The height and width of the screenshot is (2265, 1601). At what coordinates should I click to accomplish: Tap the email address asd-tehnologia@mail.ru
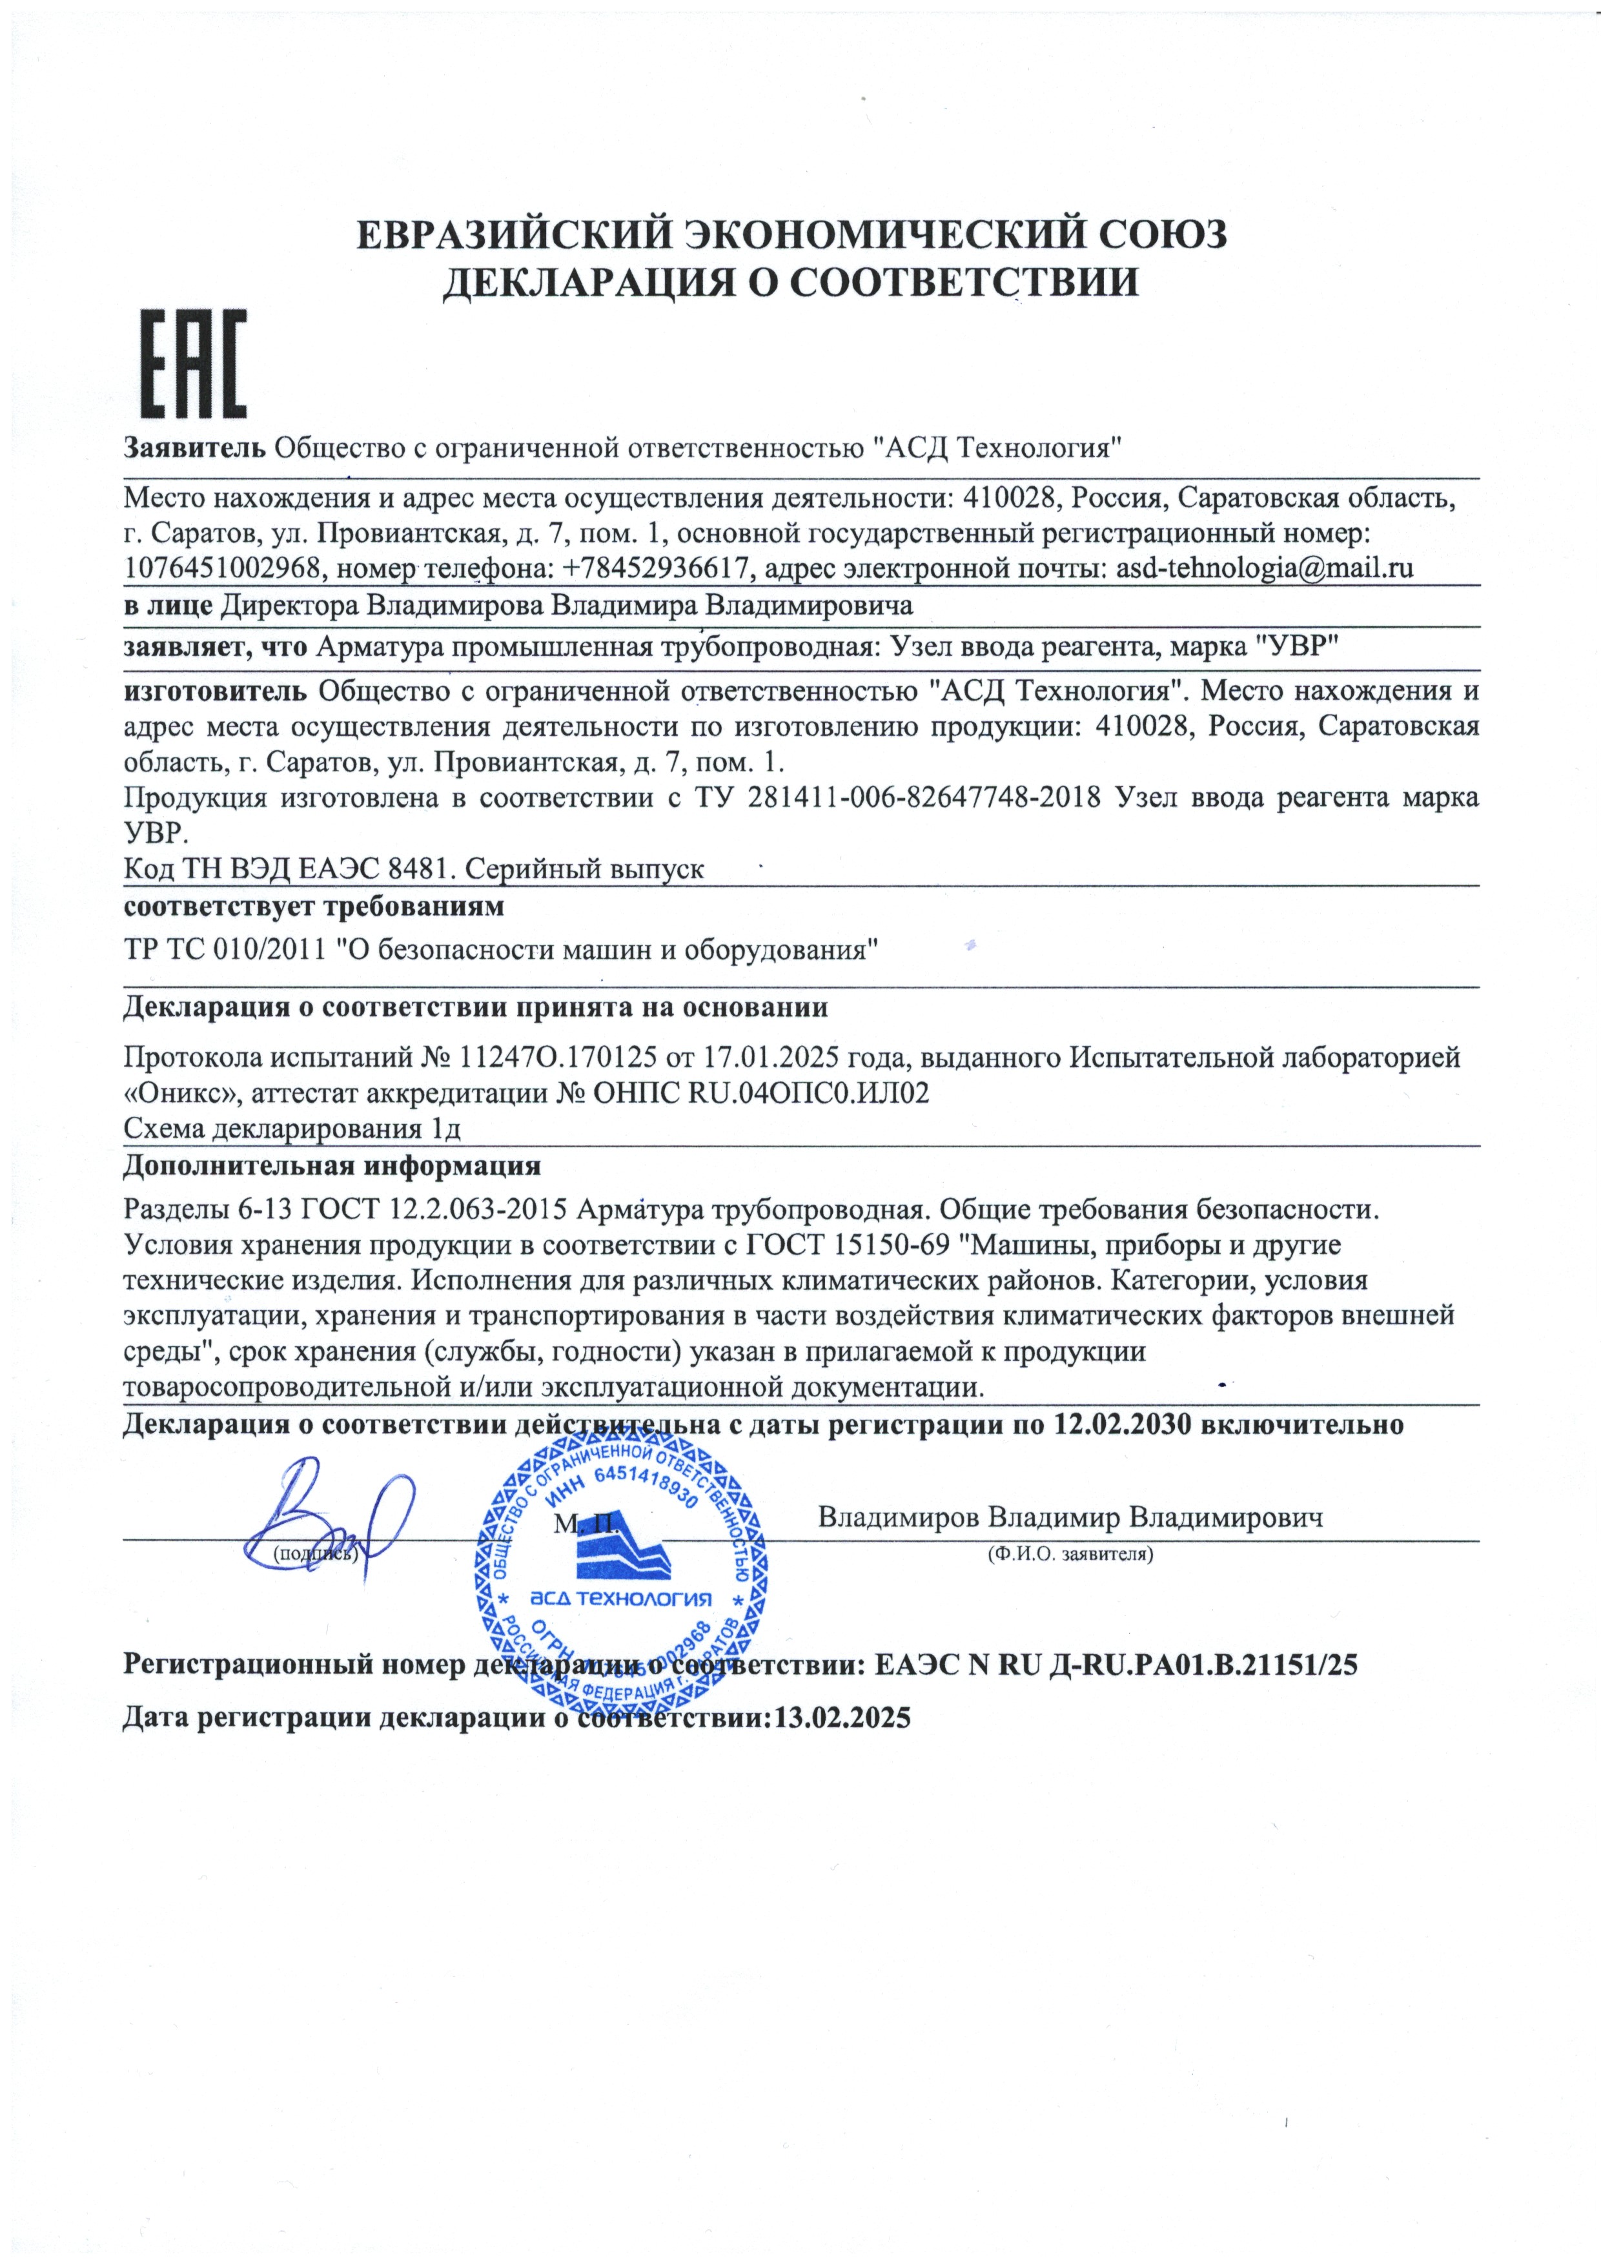pos(1265,568)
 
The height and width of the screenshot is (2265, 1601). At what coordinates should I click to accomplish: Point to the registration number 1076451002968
pos(222,568)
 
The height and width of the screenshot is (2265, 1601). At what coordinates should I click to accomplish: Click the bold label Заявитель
pos(194,448)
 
